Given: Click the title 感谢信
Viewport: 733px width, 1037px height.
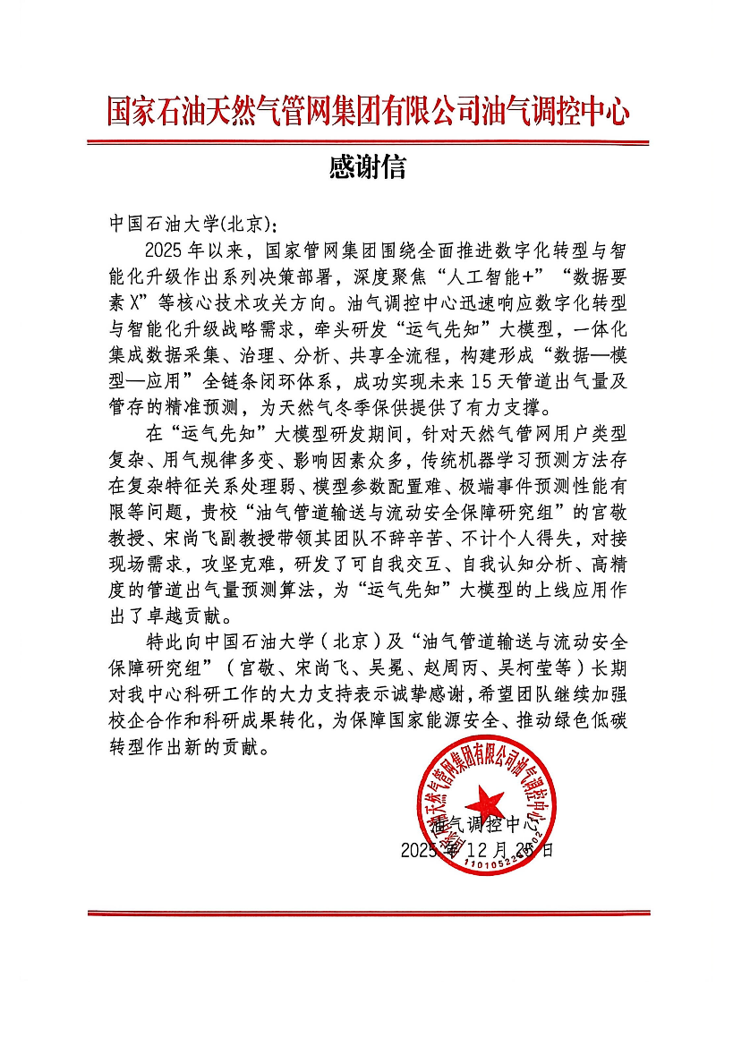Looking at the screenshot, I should [x=367, y=167].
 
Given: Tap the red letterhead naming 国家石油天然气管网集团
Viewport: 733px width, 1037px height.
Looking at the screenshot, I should [x=367, y=113].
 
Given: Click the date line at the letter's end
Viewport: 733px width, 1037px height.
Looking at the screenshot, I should [x=476, y=849].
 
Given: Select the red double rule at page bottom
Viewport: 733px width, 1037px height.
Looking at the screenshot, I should [x=368, y=913].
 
